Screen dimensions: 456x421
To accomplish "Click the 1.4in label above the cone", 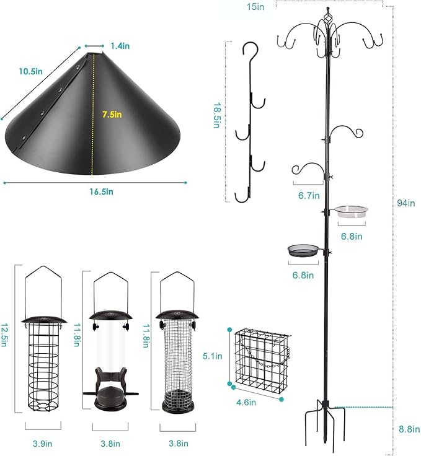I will pyautogui.click(x=120, y=45).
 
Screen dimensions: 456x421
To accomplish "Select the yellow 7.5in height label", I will pyautogui.click(x=112, y=114).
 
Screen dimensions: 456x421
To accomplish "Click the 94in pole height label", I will pyautogui.click(x=405, y=202).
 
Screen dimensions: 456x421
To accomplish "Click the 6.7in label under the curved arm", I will pyautogui.click(x=308, y=196).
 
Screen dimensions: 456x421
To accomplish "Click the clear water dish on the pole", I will pyautogui.click(x=351, y=213).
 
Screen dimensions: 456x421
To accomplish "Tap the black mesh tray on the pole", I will pyautogui.click(x=303, y=250).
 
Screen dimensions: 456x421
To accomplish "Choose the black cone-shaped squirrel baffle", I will pyautogui.click(x=93, y=118).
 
